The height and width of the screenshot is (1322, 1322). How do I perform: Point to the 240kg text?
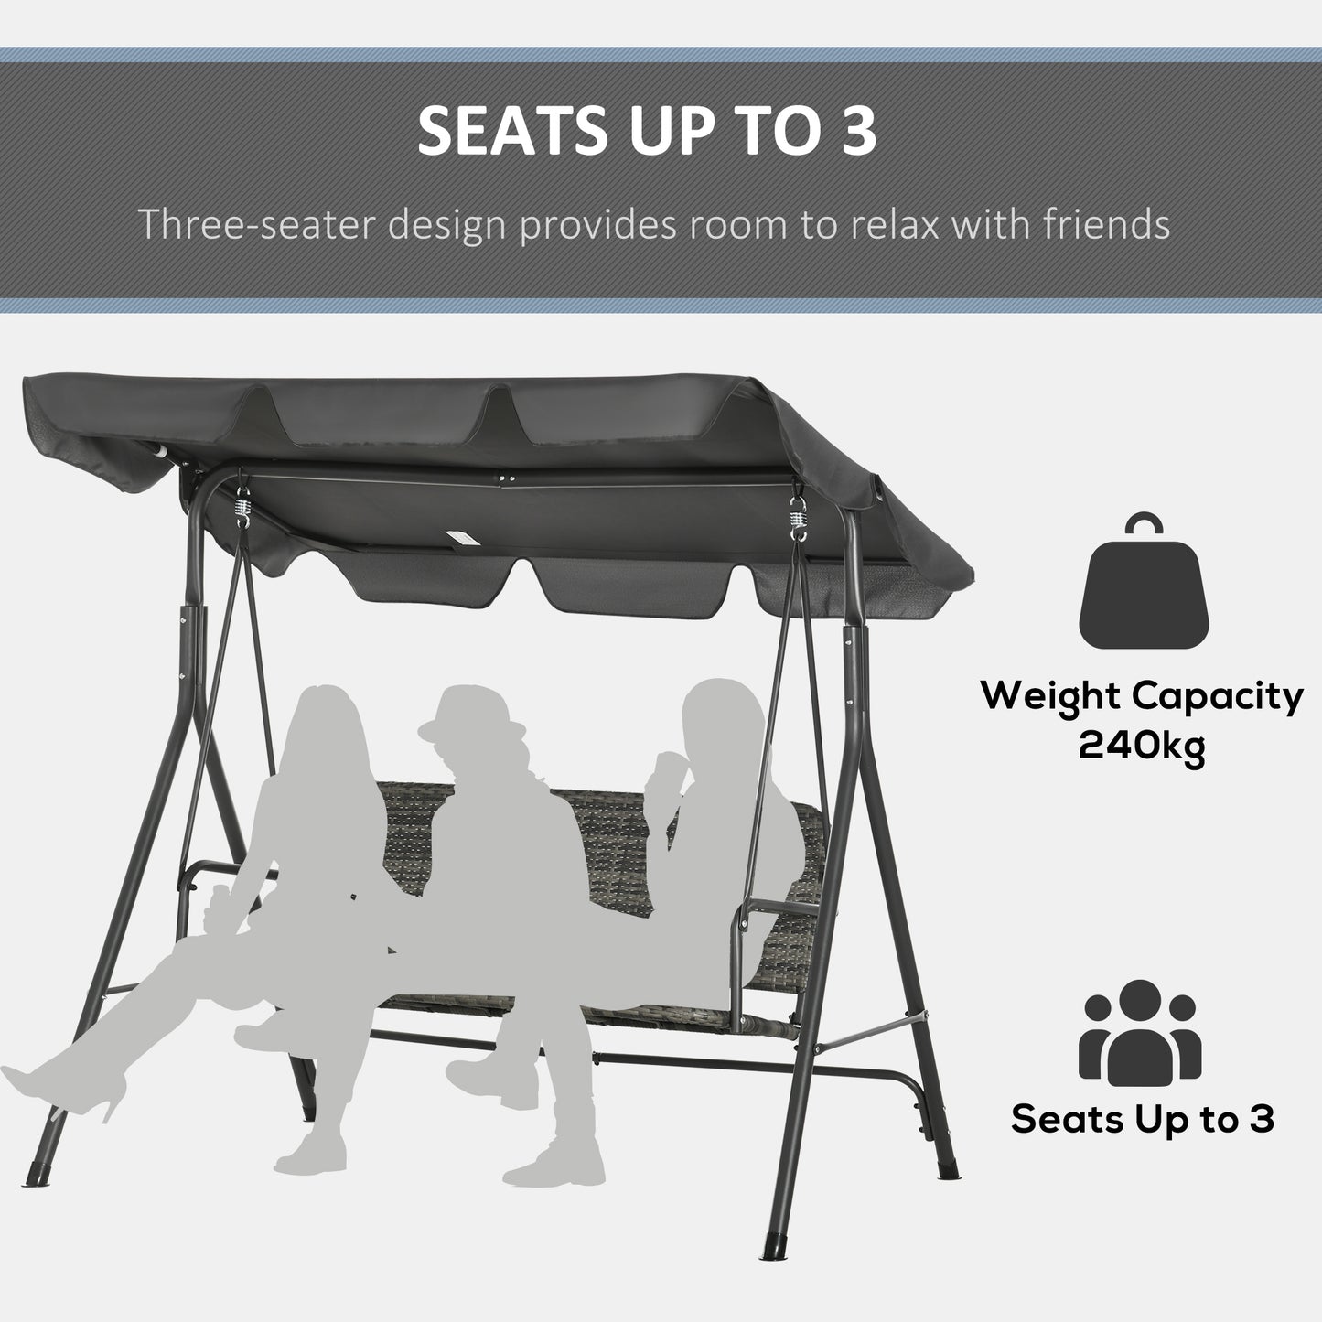click(1142, 747)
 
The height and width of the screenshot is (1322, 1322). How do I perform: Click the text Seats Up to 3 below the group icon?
click(1142, 1119)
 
